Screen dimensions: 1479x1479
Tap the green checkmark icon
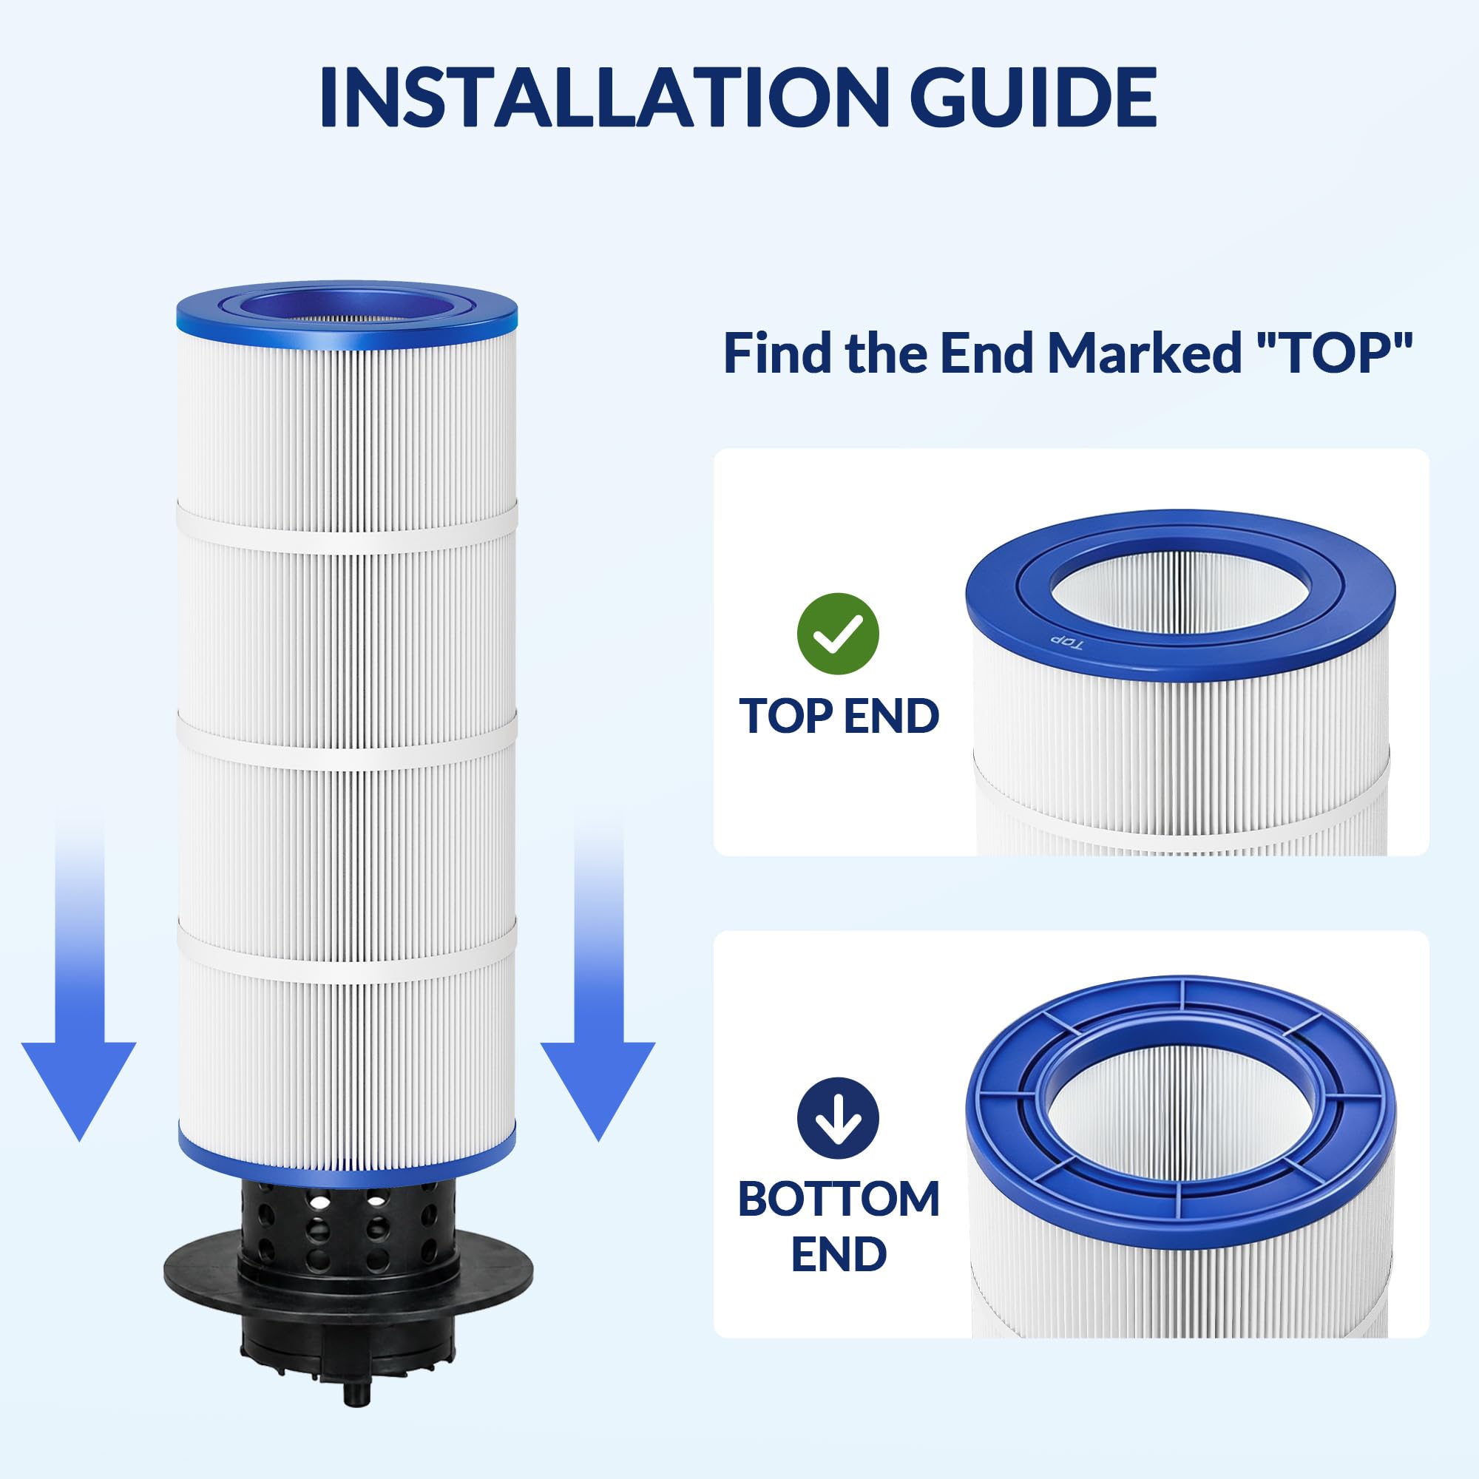[838, 634]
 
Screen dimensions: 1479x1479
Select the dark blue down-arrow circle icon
[838, 1118]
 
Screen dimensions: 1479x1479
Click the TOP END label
[839, 716]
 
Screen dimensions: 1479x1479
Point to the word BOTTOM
[839, 1199]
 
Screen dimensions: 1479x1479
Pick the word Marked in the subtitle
[1144, 353]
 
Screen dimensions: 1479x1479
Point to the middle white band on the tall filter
[347, 740]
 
